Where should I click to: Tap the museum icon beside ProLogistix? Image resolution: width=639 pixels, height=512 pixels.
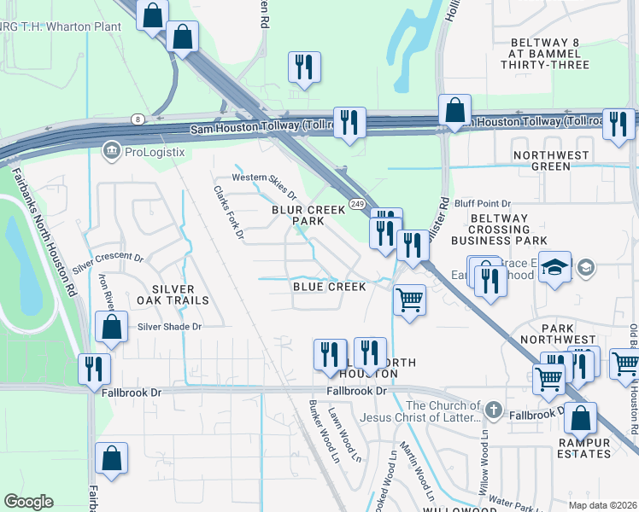111,152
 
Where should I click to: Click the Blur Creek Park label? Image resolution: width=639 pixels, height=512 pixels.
308,214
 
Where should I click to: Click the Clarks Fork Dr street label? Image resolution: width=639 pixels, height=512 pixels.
229,212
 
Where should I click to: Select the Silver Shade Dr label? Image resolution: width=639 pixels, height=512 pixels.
169,326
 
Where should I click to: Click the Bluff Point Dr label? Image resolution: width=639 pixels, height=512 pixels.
482,203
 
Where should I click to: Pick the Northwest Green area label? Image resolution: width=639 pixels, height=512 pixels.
551,160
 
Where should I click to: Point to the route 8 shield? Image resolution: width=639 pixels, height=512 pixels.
137,119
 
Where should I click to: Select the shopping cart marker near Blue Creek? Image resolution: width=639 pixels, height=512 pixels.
410,300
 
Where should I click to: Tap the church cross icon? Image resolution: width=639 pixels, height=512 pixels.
493,410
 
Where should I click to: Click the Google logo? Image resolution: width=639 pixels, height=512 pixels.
29,502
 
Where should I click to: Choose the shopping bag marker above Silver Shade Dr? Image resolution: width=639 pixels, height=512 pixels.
112,327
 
